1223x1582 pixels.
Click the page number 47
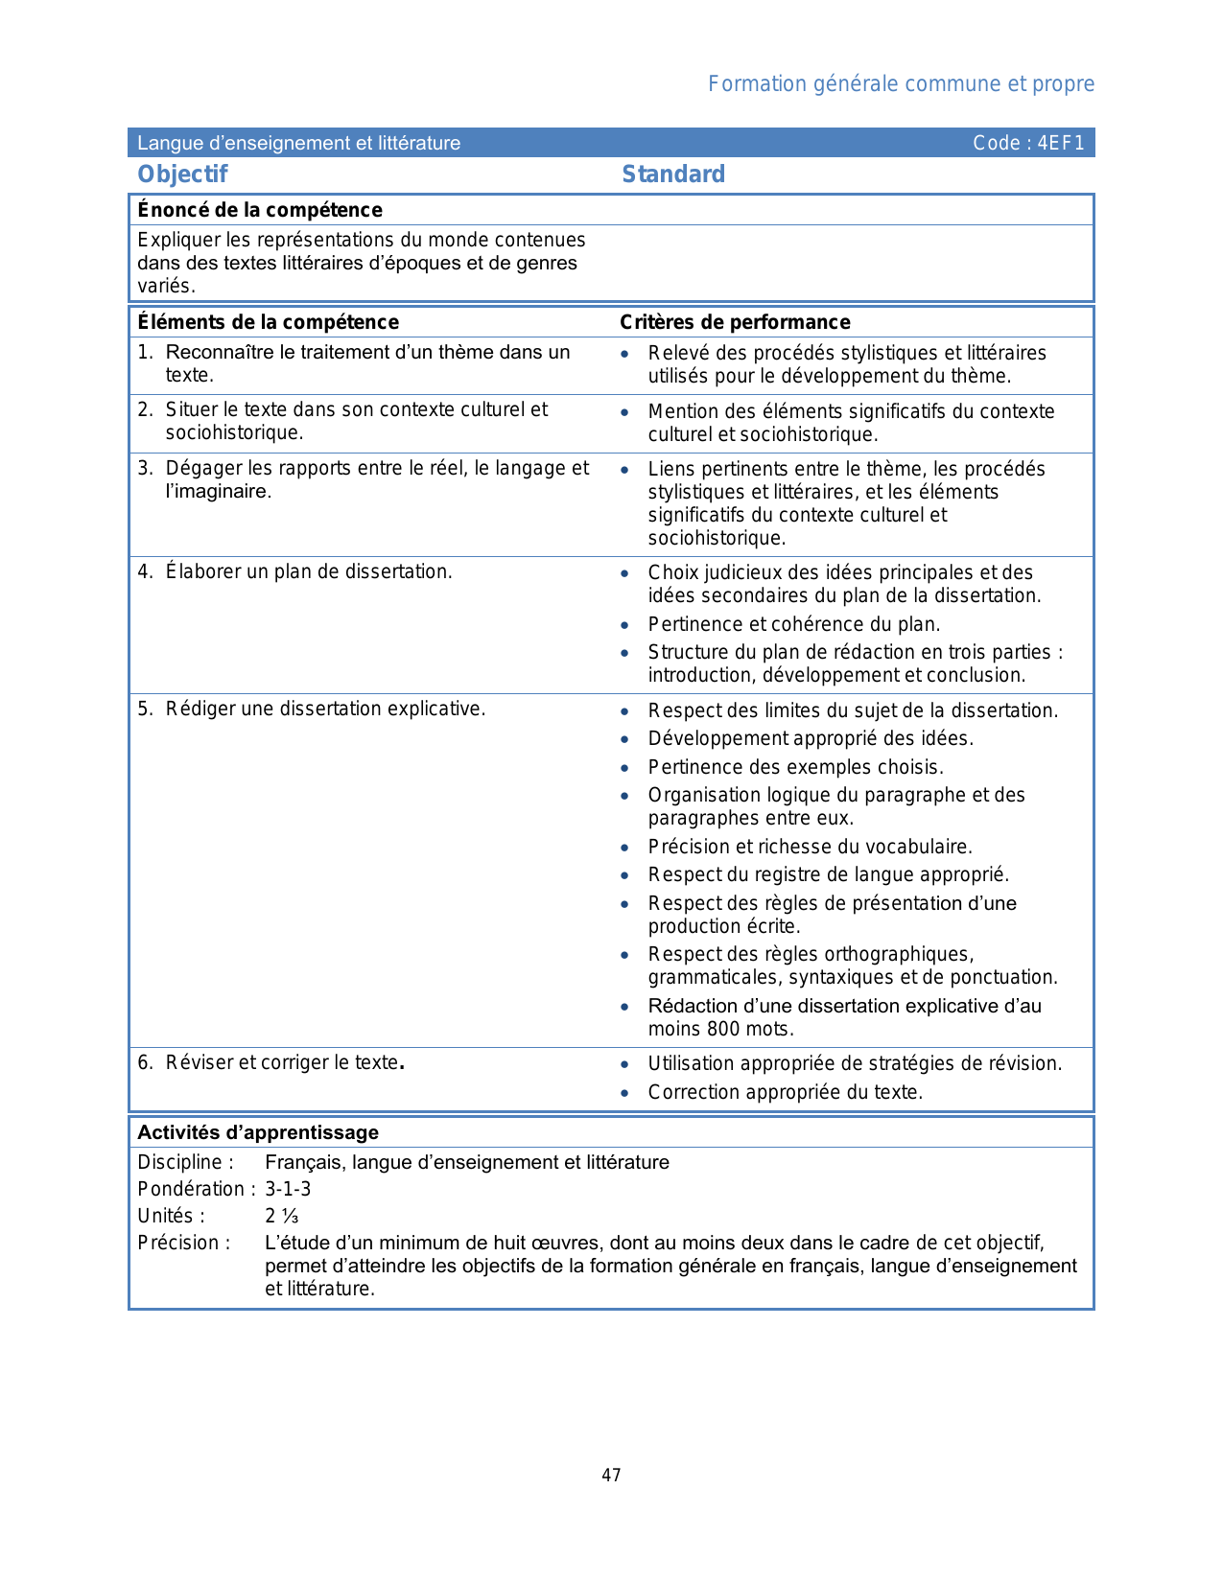point(611,1476)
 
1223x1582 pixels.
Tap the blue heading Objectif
point(182,174)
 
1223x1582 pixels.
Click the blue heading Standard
point(673,174)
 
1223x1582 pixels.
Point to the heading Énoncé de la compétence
point(260,210)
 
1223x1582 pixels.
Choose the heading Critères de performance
point(735,322)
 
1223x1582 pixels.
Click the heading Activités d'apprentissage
point(258,1132)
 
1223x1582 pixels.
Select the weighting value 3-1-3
point(288,1189)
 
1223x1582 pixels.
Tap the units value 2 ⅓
point(282,1216)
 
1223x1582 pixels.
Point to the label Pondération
point(192,1189)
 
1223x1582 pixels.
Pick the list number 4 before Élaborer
point(144,571)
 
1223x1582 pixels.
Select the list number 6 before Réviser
point(144,1062)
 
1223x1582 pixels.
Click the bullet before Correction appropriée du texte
point(624,1093)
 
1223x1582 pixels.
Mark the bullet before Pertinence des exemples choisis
point(624,768)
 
